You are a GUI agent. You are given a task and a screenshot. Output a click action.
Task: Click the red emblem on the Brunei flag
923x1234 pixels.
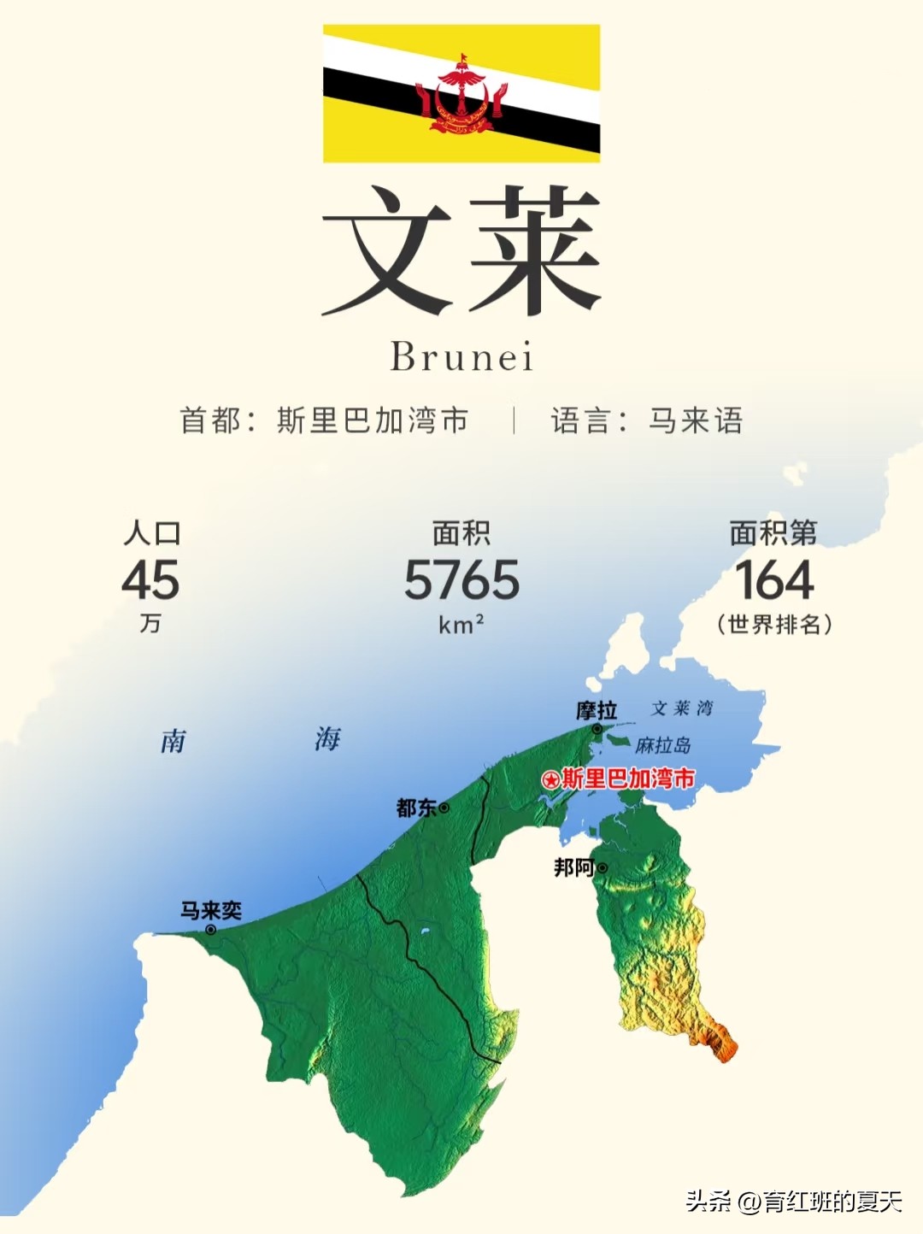pyautogui.click(x=461, y=96)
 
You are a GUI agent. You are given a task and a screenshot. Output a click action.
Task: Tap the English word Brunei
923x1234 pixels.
pyautogui.click(x=461, y=357)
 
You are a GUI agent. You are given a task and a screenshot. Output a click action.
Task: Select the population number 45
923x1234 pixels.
pyautogui.click(x=150, y=580)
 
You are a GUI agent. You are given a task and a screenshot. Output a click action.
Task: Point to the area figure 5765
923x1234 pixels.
pyautogui.click(x=461, y=580)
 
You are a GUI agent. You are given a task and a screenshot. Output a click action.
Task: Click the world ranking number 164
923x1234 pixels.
pyautogui.click(x=774, y=580)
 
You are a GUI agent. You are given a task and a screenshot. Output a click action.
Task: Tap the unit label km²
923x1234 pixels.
pyautogui.click(x=461, y=625)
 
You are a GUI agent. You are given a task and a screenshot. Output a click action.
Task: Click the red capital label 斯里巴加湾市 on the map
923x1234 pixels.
pyautogui.click(x=628, y=779)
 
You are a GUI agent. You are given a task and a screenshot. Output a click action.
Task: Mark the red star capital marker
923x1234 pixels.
pyautogui.click(x=551, y=779)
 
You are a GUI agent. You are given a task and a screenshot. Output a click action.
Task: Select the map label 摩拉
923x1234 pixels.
pyautogui.click(x=597, y=711)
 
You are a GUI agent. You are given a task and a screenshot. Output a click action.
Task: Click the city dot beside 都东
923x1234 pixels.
pyautogui.click(x=444, y=808)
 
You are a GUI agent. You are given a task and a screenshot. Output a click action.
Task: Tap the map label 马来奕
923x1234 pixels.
pyautogui.click(x=210, y=910)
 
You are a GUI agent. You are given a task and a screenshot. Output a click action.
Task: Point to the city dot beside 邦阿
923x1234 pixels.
pyautogui.click(x=603, y=868)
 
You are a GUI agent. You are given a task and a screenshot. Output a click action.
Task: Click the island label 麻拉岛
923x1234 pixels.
pyautogui.click(x=663, y=745)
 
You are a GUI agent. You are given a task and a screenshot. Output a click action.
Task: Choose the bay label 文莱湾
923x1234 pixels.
pyautogui.click(x=682, y=708)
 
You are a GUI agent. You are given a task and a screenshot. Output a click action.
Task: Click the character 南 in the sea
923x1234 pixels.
pyautogui.click(x=173, y=741)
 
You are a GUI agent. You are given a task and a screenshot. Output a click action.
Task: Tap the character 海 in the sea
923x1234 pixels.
pyautogui.click(x=327, y=738)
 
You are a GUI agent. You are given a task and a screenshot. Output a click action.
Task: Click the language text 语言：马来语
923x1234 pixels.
pyautogui.click(x=647, y=420)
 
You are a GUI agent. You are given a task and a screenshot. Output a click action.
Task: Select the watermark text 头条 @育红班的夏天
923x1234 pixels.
pyautogui.click(x=794, y=1202)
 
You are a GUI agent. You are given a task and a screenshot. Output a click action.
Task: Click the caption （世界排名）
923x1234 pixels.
pyautogui.click(x=774, y=625)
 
